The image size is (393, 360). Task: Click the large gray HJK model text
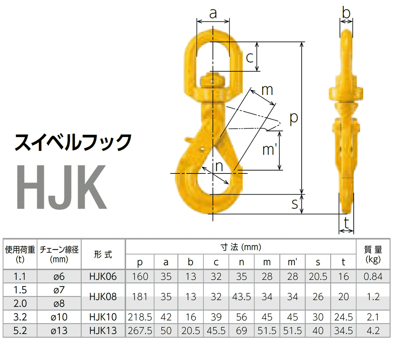62,187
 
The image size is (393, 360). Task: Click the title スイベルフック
72,142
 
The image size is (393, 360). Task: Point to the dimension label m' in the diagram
269,149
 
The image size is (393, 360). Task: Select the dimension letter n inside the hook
219,166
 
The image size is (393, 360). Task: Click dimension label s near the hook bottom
295,204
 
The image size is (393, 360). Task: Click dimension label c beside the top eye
250,57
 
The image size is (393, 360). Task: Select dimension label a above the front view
213,13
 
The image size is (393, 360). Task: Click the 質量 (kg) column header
373,254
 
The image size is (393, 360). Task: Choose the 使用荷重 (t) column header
20,254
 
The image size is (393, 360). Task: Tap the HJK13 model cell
103,331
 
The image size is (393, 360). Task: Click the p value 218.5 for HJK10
140,317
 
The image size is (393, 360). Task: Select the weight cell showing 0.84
373,277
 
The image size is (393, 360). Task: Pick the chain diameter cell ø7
59,290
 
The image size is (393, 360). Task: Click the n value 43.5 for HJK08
242,297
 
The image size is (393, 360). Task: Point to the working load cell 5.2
20,331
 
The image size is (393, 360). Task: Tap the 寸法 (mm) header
241,247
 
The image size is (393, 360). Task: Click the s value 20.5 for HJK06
318,277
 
